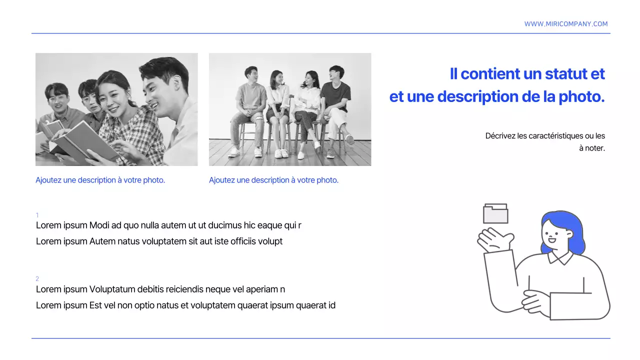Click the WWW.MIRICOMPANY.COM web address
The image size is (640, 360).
point(566,24)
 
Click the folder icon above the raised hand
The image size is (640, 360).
point(495,214)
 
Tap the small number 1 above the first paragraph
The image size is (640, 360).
point(37,215)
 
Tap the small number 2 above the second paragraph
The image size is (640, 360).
point(37,278)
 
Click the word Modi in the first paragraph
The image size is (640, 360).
point(99,225)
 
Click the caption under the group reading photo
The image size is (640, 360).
point(100,180)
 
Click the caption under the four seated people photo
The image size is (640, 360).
point(273,180)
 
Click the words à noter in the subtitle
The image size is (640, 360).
point(592,148)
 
